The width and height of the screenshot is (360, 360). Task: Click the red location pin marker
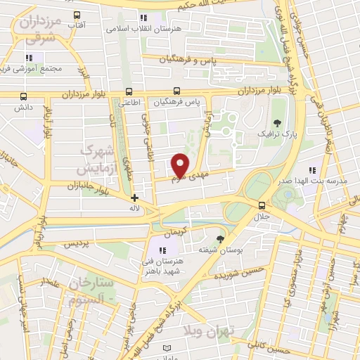click(180, 165)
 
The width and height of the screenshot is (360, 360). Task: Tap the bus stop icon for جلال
click(262, 205)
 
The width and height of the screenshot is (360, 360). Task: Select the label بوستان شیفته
click(217, 250)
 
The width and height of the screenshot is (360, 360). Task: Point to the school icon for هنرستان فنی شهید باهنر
click(163, 250)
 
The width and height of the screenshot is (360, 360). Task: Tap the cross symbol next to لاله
click(134, 198)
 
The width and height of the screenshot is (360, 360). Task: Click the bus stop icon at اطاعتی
click(128, 91)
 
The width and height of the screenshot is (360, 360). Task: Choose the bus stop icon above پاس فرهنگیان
click(177, 91)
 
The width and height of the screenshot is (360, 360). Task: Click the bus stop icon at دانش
click(23, 96)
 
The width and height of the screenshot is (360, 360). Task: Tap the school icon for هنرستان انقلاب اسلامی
click(144, 18)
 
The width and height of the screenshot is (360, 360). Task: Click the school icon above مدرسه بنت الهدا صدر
click(312, 170)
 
